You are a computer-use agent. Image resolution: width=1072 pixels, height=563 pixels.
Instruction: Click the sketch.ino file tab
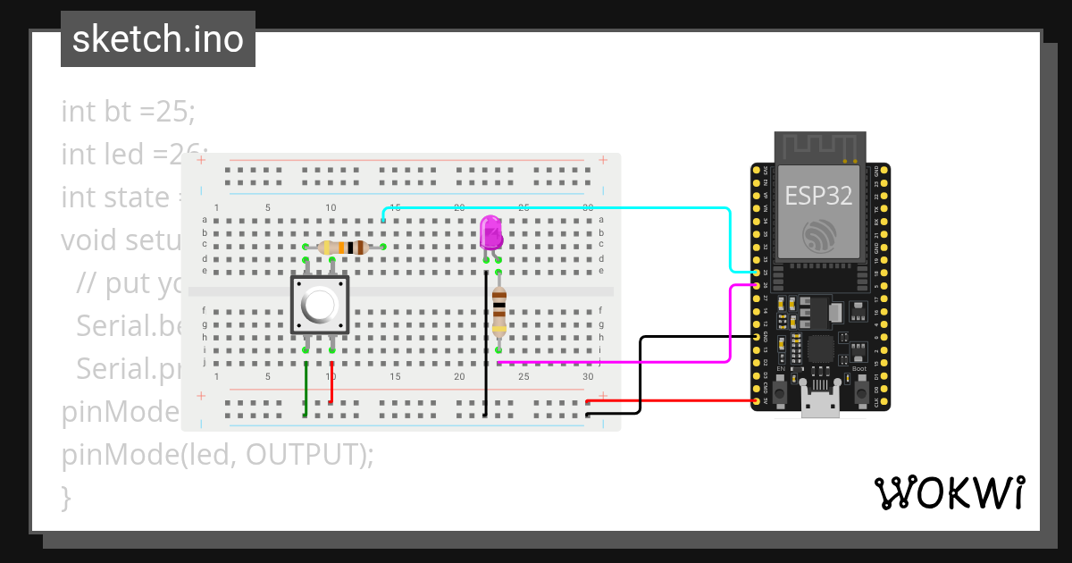tap(158, 39)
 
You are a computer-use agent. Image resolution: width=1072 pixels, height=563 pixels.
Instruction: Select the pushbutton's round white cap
tap(320, 305)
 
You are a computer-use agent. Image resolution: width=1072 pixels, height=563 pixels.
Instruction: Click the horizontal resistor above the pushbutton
tap(345, 248)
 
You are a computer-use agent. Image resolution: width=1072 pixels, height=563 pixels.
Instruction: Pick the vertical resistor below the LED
tap(498, 312)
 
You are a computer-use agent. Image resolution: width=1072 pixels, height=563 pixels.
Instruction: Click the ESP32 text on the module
tap(817, 195)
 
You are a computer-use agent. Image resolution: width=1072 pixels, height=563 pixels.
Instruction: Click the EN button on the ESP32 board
tap(780, 391)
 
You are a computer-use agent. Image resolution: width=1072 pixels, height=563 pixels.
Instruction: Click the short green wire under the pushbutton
tap(306, 390)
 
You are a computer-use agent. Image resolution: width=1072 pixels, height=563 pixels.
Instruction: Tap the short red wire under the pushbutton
tap(332, 382)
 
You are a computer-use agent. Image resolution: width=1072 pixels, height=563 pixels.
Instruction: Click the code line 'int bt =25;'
tap(128, 112)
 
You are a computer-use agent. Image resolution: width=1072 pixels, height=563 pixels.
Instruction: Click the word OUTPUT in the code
tap(304, 455)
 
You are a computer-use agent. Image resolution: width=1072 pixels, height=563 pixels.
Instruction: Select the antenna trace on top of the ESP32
tap(819, 147)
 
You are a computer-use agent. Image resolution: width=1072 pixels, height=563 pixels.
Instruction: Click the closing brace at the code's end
tap(65, 496)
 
